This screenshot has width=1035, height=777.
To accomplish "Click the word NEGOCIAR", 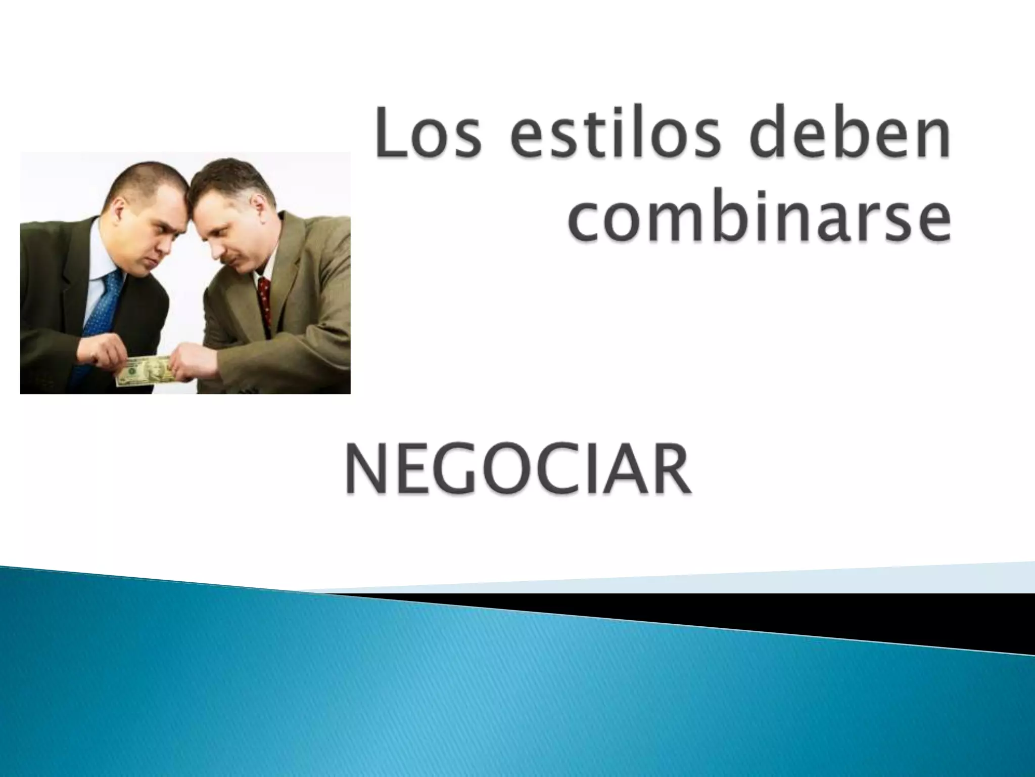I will tap(518, 471).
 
